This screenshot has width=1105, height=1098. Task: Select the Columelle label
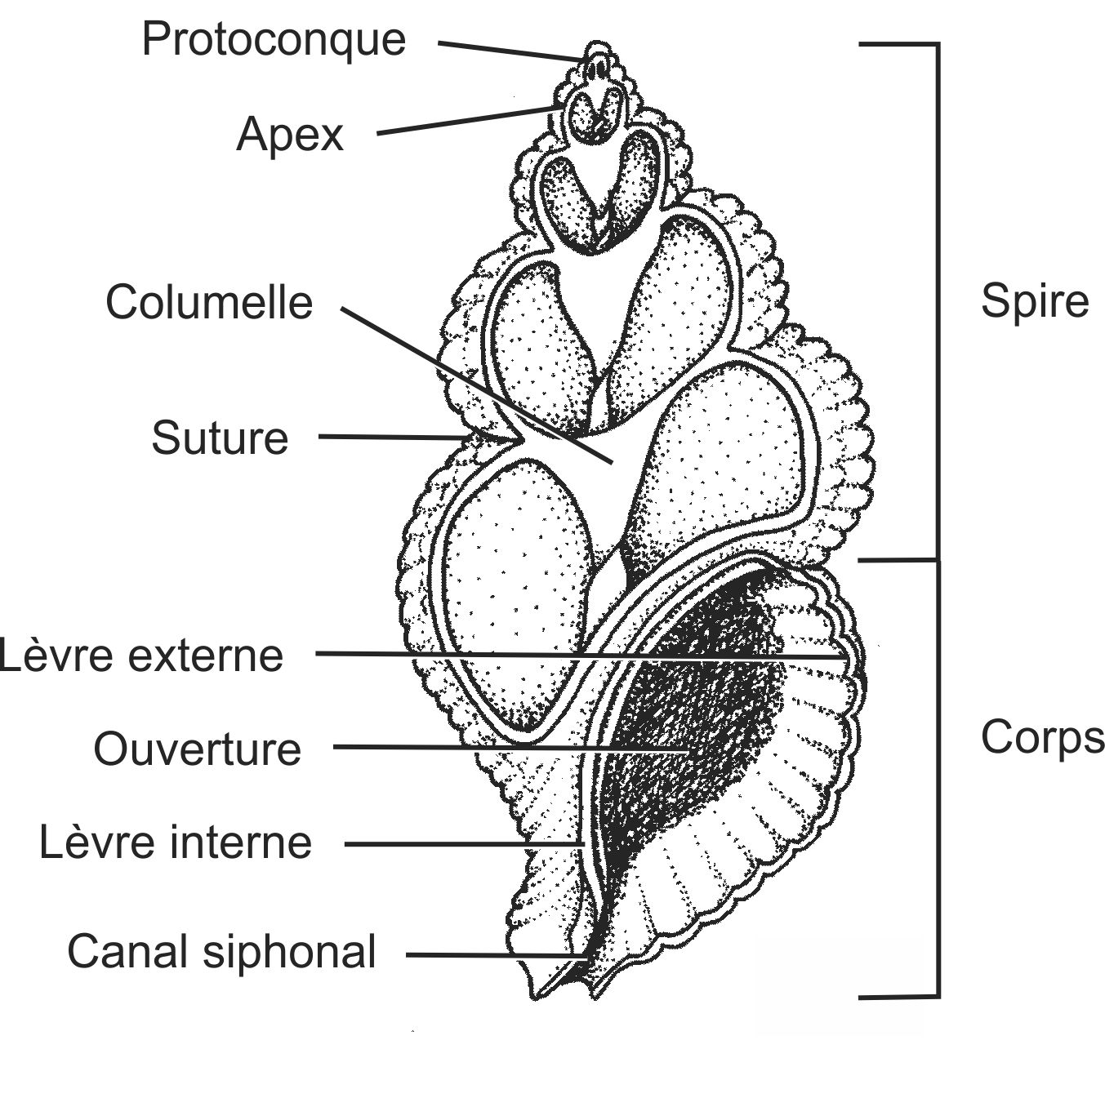pos(209,302)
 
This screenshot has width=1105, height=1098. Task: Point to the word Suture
pos(220,438)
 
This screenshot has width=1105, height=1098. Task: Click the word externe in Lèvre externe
pos(205,656)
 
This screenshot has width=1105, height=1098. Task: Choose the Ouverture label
pos(198,749)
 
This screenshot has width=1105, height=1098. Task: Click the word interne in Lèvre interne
pos(241,842)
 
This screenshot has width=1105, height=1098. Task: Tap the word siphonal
pos(290,953)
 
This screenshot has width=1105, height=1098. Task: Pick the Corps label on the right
pos(1042,737)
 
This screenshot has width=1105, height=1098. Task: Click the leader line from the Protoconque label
pos(511,51)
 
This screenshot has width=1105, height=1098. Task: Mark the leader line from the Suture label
pos(392,438)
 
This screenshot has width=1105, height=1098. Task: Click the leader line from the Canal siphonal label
pos(497,955)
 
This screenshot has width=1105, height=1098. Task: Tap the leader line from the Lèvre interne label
pos(464,844)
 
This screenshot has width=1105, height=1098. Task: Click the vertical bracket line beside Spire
pos(938,301)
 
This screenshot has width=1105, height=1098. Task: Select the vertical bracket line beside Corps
pos(938,779)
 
